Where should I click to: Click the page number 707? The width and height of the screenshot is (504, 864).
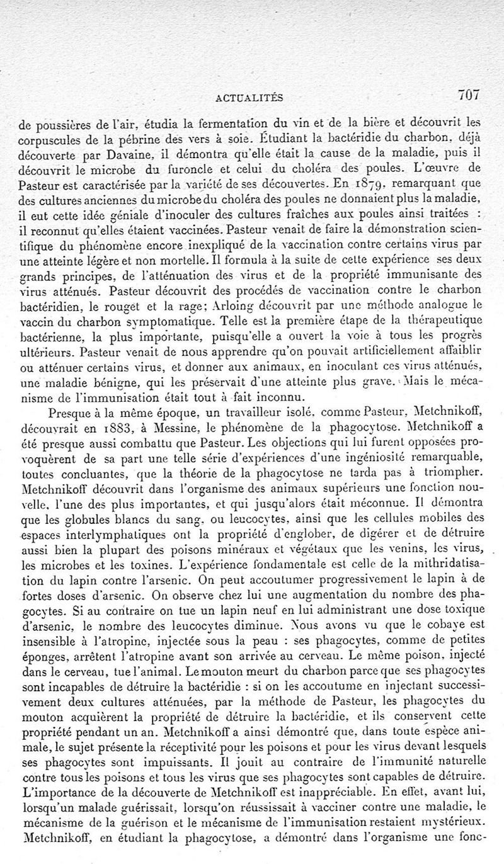point(469,95)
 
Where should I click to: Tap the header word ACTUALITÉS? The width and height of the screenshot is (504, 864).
point(249,97)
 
